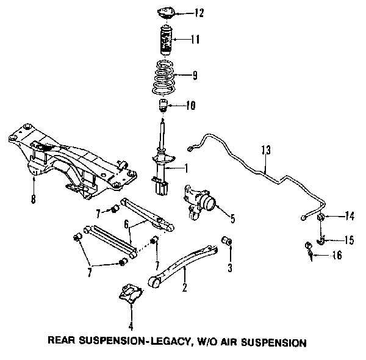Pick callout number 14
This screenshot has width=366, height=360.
pos(350,215)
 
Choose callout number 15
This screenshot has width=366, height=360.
pos(349,240)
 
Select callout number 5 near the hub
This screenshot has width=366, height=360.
pos(232,217)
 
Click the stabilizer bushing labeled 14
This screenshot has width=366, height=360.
pos(321,217)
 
